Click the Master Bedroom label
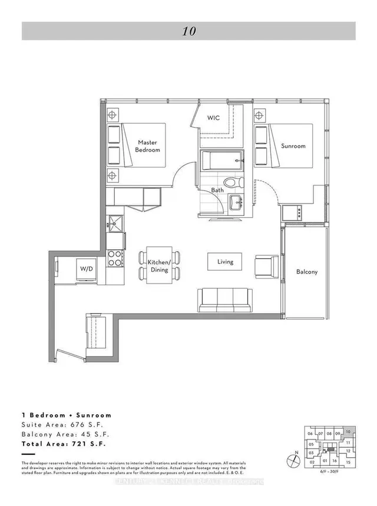coord(148,146)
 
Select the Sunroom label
coord(293,146)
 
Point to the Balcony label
coord(306,272)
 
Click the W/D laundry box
coord(87,269)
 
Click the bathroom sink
coord(238,202)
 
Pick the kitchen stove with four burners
coord(115,258)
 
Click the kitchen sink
coord(115,222)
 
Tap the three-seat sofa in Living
coord(224,299)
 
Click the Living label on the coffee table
coord(225,262)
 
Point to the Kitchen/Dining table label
coord(160,265)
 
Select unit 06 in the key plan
coord(310,434)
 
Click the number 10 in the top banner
coord(188,31)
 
